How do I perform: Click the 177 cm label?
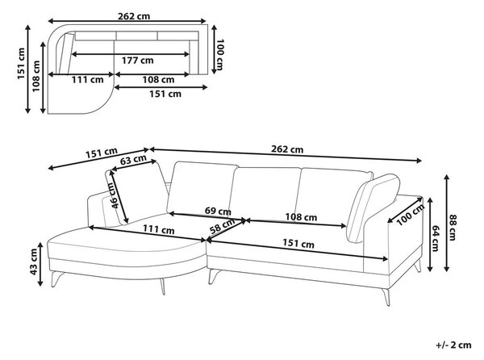137,61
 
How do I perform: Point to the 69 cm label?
218,211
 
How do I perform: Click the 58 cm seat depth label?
223,227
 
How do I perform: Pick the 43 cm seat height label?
33,262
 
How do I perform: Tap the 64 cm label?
436,238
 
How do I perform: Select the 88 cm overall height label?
452,228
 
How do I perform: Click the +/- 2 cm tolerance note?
453,345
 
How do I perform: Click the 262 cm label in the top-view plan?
134,16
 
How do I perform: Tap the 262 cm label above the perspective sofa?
287,149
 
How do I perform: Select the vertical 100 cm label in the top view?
219,54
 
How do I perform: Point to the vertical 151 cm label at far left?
21,63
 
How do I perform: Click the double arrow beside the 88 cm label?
447,223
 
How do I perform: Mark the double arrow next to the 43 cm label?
40,264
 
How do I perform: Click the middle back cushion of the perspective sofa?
266,194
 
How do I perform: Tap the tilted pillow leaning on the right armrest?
373,207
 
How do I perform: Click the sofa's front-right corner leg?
386,297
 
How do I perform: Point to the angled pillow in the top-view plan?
67,53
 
